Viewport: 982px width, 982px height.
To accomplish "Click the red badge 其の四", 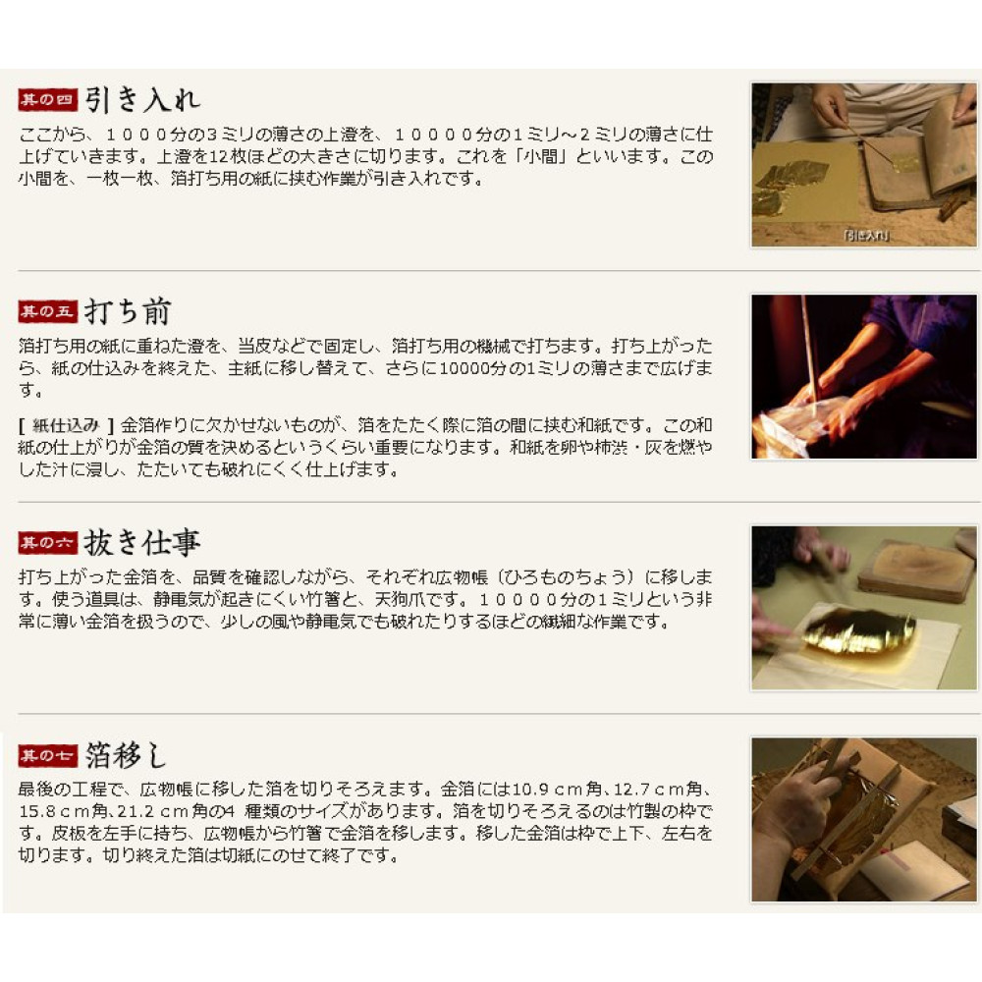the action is pyautogui.click(x=47, y=100).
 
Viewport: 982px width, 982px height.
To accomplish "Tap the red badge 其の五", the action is pyautogui.click(x=47, y=312).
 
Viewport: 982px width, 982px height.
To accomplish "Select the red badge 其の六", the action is pyautogui.click(x=47, y=543).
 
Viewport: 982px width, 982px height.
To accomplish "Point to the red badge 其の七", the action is pyautogui.click(x=47, y=755).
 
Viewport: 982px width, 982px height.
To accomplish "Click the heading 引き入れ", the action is pyautogui.click(x=142, y=100).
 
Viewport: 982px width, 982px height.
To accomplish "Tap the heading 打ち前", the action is pyautogui.click(x=128, y=312).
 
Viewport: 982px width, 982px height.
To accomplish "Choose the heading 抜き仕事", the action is pyautogui.click(x=142, y=543).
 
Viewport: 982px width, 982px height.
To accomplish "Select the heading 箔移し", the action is pyautogui.click(x=126, y=755).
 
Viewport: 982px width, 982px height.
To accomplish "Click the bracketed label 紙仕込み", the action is pyautogui.click(x=66, y=426).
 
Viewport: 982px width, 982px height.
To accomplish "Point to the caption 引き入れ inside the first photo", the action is pyautogui.click(x=865, y=236).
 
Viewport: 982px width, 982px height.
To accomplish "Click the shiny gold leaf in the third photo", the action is pyautogui.click(x=857, y=633).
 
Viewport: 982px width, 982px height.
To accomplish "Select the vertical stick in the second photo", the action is pyautogui.click(x=810, y=350).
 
